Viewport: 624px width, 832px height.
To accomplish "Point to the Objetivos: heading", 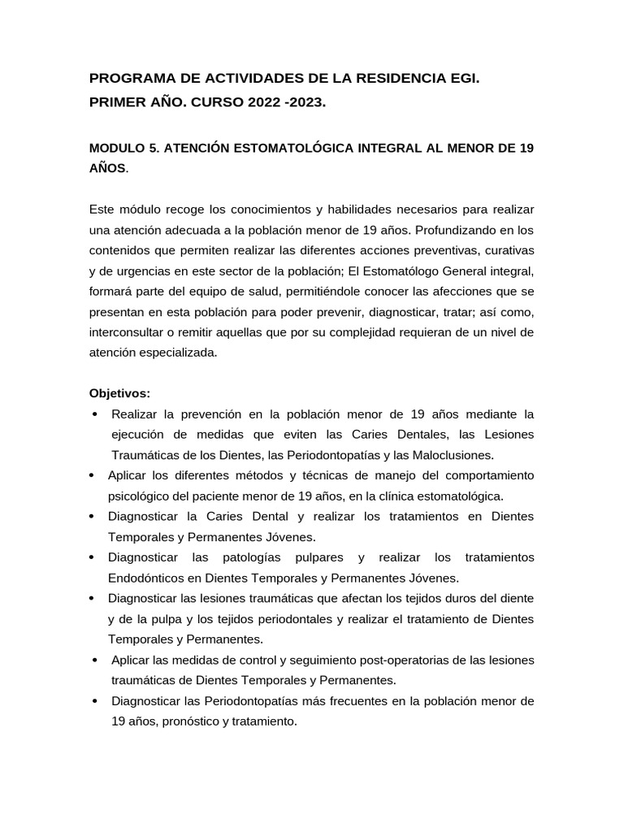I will [119, 393].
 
